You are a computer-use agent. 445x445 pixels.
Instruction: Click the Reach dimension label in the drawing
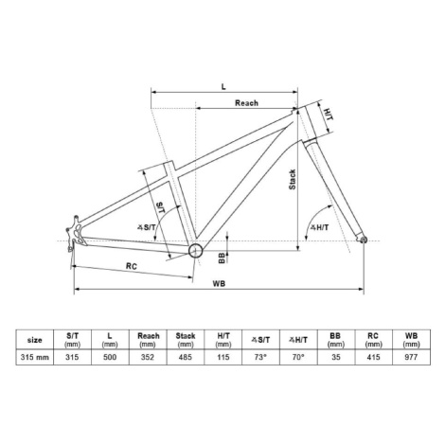[x=246, y=103]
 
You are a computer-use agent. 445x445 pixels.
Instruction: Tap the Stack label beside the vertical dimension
[x=293, y=179]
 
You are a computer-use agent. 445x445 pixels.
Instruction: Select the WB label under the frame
[x=219, y=283]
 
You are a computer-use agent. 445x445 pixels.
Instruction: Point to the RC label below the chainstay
[x=132, y=266]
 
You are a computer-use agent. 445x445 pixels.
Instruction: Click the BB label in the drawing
[x=222, y=258]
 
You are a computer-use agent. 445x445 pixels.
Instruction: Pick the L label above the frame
[x=223, y=86]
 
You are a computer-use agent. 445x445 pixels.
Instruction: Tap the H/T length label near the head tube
[x=329, y=115]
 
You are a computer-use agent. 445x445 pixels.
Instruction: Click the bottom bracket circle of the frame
[x=195, y=251]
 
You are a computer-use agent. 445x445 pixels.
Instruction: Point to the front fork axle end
[x=364, y=240]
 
